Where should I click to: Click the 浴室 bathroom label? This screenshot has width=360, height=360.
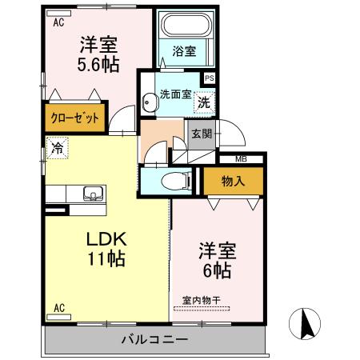click(185, 51)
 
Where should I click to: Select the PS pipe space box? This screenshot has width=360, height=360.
click(209, 78)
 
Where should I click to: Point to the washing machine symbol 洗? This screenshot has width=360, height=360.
click(204, 102)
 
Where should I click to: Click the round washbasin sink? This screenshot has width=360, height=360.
click(149, 102)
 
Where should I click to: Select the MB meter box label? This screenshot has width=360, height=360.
click(241, 159)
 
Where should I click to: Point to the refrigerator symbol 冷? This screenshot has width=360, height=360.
click(57, 147)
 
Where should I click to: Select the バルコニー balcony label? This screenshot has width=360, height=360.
click(154, 339)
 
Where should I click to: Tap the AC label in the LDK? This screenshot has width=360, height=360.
click(58, 307)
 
